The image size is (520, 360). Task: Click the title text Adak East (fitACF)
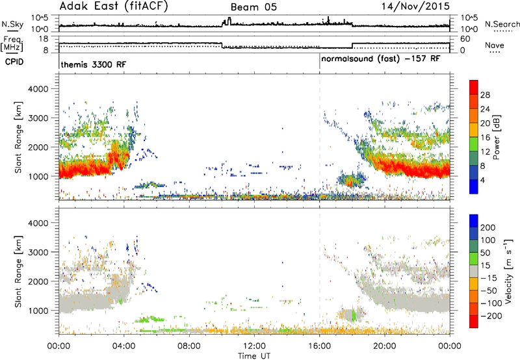(114, 6)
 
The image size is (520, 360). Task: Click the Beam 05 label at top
(253, 7)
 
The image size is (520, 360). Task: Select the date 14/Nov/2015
(415, 6)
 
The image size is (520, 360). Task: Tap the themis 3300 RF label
(94, 64)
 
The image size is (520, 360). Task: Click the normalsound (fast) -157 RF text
(381, 59)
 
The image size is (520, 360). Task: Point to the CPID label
(14, 62)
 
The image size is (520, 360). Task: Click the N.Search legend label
(502, 24)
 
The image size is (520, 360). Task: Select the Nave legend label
(495, 45)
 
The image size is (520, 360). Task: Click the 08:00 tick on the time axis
(189, 346)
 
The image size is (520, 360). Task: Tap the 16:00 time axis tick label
(319, 346)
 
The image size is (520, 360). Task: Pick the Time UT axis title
(254, 355)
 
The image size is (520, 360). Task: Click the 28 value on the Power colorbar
(485, 95)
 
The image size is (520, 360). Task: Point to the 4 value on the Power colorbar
(482, 180)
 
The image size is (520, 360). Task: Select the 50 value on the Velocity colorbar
(485, 253)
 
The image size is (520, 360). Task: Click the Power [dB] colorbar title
(496, 137)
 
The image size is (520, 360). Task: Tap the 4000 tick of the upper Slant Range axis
(38, 89)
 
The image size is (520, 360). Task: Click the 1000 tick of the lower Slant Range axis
(38, 311)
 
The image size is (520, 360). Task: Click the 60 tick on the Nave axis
(465, 39)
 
